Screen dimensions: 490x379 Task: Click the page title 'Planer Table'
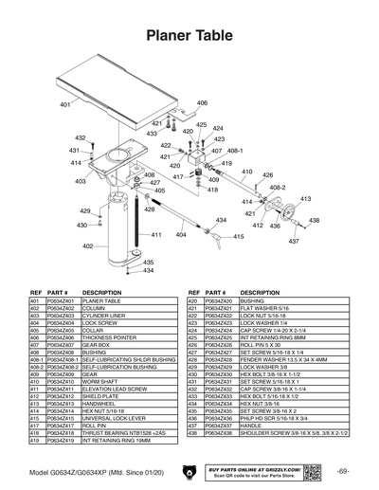[189, 36]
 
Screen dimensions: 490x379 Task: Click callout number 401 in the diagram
[65, 103]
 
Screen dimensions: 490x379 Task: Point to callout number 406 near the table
[202, 102]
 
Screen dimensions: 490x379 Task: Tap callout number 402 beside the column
[88, 245]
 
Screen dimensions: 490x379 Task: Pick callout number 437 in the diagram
[294, 241]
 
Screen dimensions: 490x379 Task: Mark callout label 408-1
[236, 151]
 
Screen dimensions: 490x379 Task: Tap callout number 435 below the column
[148, 263]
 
